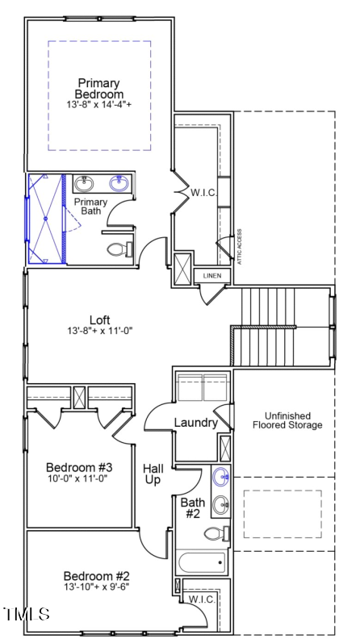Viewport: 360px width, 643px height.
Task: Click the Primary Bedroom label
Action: pos(99,89)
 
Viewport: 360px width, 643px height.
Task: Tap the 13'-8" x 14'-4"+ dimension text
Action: pos(99,105)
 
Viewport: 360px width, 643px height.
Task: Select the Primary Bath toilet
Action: pos(119,249)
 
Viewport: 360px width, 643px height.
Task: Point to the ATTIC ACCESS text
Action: pos(239,246)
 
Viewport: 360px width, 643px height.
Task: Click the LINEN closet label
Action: pos(211,276)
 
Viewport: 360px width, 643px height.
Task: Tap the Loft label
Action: pos(100,319)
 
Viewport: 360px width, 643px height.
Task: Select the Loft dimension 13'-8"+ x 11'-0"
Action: pos(100,331)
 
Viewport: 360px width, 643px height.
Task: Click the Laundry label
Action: pos(196,423)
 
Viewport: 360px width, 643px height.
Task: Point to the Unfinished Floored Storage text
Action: pos(287,420)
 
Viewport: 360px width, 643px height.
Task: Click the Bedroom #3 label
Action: pos(79,467)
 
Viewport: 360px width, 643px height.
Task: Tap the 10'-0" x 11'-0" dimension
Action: pos(79,478)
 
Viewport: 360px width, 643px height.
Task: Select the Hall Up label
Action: pos(153,474)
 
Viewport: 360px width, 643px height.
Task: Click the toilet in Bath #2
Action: pos(216,534)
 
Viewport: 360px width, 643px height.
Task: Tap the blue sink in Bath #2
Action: pos(221,477)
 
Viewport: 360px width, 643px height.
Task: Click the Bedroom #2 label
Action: pos(97,576)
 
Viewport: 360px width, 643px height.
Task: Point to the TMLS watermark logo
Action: pos(27,614)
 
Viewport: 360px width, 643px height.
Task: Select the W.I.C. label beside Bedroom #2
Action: pos(202,599)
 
